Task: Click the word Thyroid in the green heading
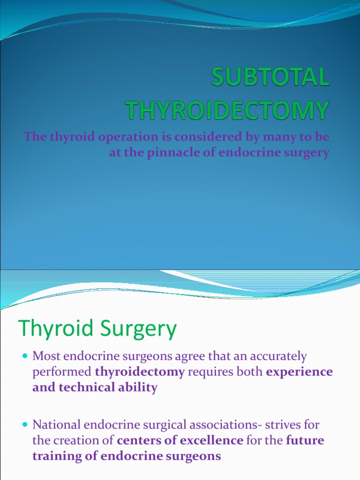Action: pos(52,330)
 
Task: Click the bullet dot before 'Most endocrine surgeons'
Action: pos(25,357)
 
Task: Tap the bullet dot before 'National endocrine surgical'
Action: pos(25,426)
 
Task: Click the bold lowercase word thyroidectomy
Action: pos(140,372)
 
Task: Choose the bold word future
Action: pos(305,441)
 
